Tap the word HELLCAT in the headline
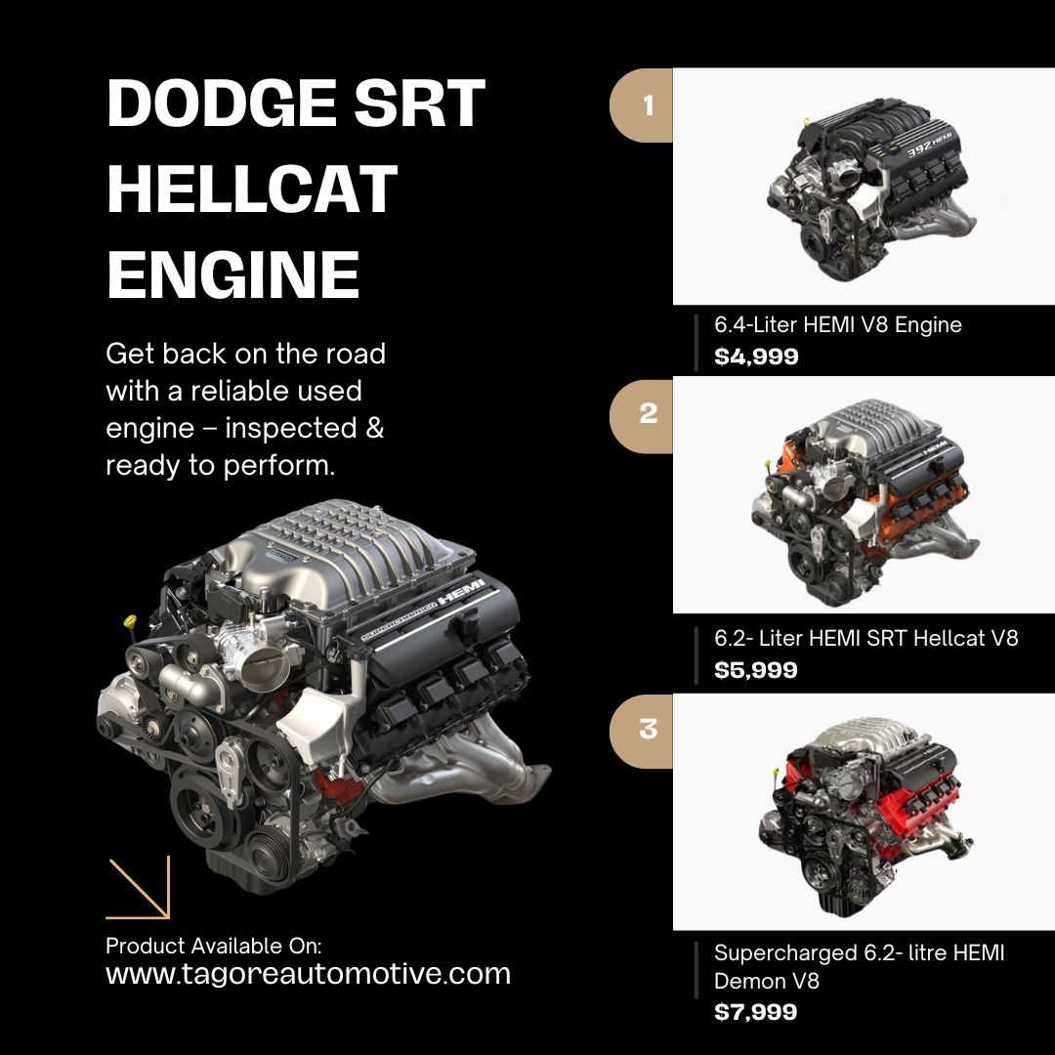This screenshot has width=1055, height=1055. tap(252, 189)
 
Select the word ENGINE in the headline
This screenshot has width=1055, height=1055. tap(233, 274)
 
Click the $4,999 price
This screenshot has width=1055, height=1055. tap(756, 357)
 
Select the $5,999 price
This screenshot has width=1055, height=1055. tap(756, 670)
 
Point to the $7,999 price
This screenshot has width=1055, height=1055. tap(756, 1012)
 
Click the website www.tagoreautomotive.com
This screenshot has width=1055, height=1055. tap(308, 974)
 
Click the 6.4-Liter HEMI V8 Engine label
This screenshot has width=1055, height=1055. tap(838, 325)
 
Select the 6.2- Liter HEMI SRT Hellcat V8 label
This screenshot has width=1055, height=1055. tap(866, 639)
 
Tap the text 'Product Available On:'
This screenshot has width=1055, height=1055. tap(214, 946)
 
